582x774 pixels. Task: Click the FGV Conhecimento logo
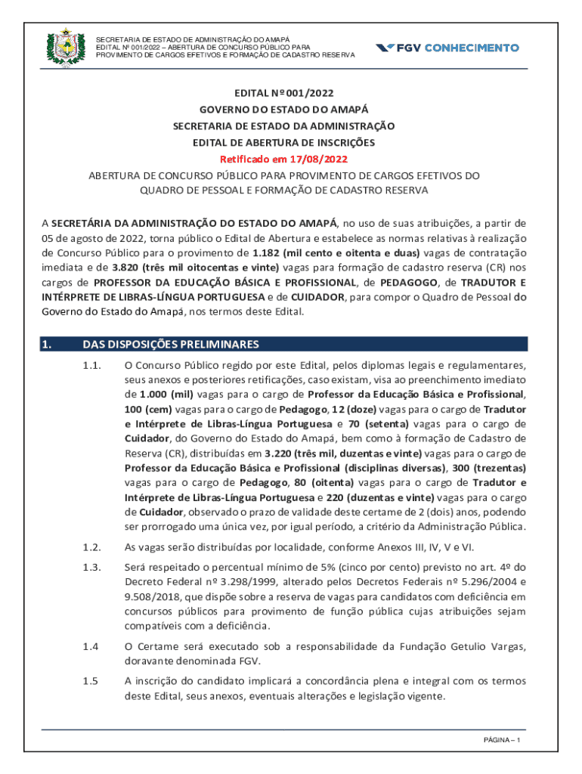pos(447,47)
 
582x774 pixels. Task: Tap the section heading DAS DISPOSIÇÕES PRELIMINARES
pos(170,345)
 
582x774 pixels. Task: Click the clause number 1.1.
pos(91,366)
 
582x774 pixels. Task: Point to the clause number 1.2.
pos(91,547)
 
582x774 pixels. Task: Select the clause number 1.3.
pos(91,567)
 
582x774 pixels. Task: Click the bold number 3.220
pos(280,453)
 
